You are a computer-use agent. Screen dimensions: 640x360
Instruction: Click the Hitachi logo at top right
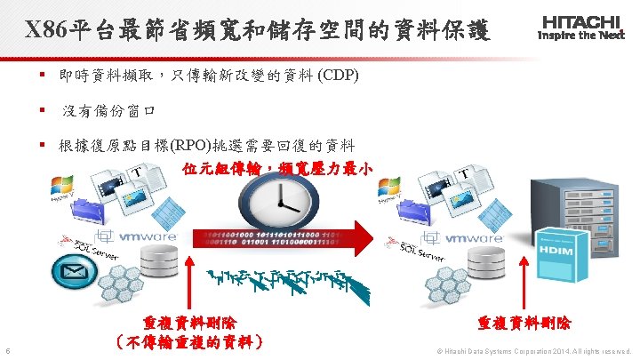(x=581, y=26)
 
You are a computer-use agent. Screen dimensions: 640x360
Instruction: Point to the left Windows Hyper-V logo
(x=63, y=189)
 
